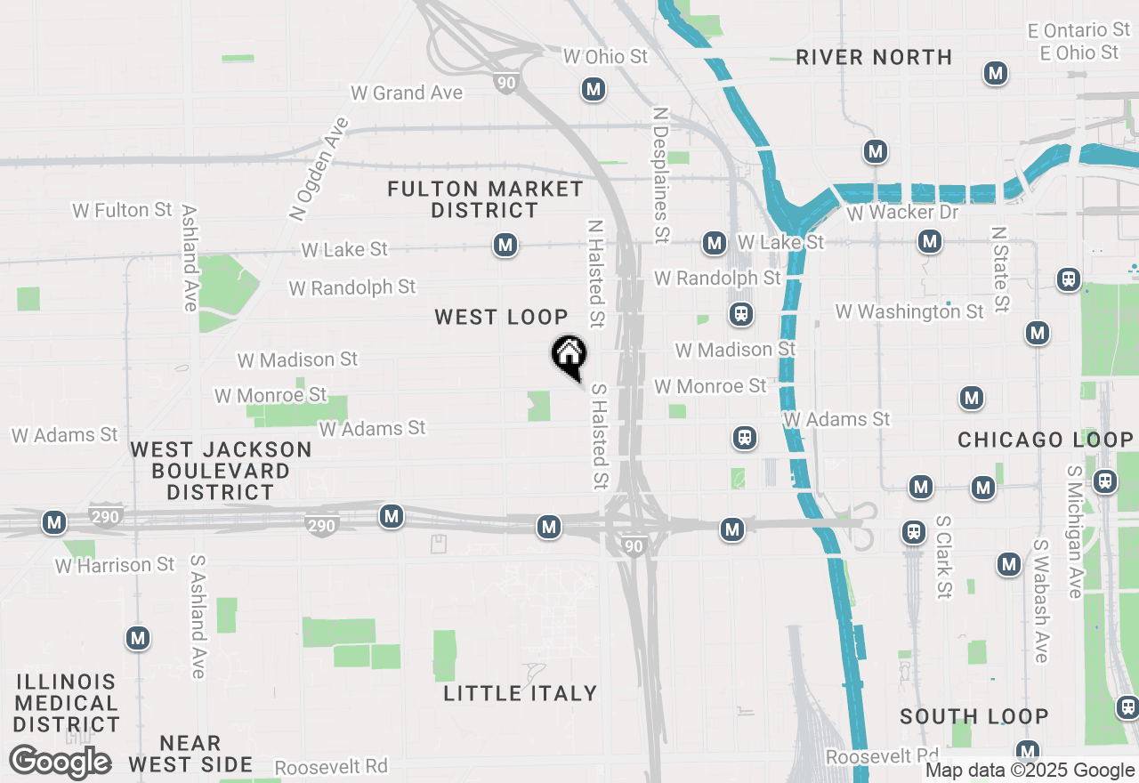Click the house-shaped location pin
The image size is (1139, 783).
point(569,357)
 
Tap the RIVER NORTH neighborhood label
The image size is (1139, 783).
point(874,58)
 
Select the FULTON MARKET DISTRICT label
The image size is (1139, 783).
point(486,199)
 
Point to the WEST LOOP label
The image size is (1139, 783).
point(501,317)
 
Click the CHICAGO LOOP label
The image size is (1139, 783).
point(1046,440)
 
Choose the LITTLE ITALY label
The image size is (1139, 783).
point(521,693)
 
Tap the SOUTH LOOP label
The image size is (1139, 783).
point(974,716)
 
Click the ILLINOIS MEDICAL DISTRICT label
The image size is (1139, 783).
point(67,703)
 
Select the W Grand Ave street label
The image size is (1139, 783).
point(407,93)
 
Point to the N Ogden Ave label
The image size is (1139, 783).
point(319,168)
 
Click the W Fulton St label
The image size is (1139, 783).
point(123,210)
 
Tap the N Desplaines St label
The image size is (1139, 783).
point(660,176)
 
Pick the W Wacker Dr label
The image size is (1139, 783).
point(902,213)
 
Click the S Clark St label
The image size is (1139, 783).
point(944,557)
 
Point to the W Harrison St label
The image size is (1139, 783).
point(115,565)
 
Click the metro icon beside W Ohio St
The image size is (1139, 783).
point(594,89)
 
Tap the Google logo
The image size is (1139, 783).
point(61,762)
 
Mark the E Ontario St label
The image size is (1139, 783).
point(1078,31)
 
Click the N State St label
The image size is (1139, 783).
point(1001,269)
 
